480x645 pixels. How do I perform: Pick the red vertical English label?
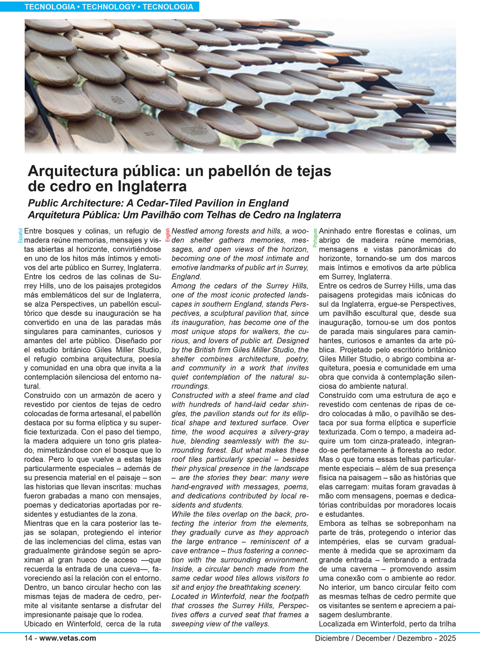(x=168, y=235)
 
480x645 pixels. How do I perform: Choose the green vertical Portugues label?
(x=315, y=238)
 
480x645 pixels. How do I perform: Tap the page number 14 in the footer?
(x=28, y=638)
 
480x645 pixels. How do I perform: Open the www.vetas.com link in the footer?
(x=68, y=638)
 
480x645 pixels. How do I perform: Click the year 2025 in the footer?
(x=447, y=638)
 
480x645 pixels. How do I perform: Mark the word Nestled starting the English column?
(x=184, y=231)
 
